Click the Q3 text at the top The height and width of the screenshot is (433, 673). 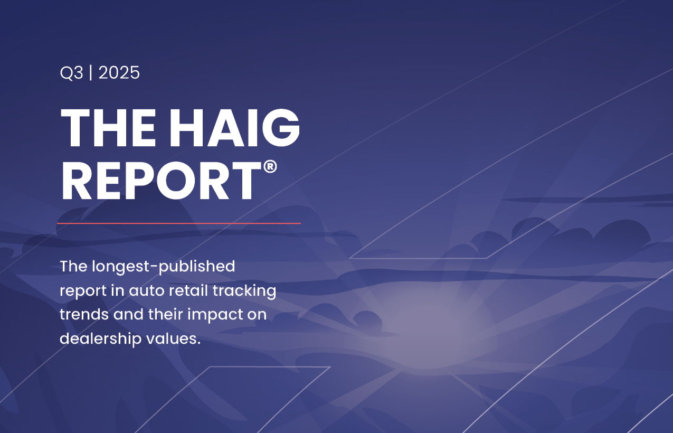coord(71,73)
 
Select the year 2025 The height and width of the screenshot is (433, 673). coord(119,73)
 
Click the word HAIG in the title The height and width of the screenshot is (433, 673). coord(235,128)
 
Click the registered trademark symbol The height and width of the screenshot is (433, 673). coord(270,167)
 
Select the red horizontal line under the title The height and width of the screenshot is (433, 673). coord(179,223)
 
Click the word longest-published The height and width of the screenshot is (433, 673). coord(164,267)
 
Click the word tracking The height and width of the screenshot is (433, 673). coord(244,291)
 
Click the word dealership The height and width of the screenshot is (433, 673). coord(100,339)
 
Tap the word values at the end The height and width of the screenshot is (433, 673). coord(173,339)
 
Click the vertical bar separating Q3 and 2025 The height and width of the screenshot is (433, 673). coord(90,73)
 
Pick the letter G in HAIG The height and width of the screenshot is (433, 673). coord(281,128)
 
